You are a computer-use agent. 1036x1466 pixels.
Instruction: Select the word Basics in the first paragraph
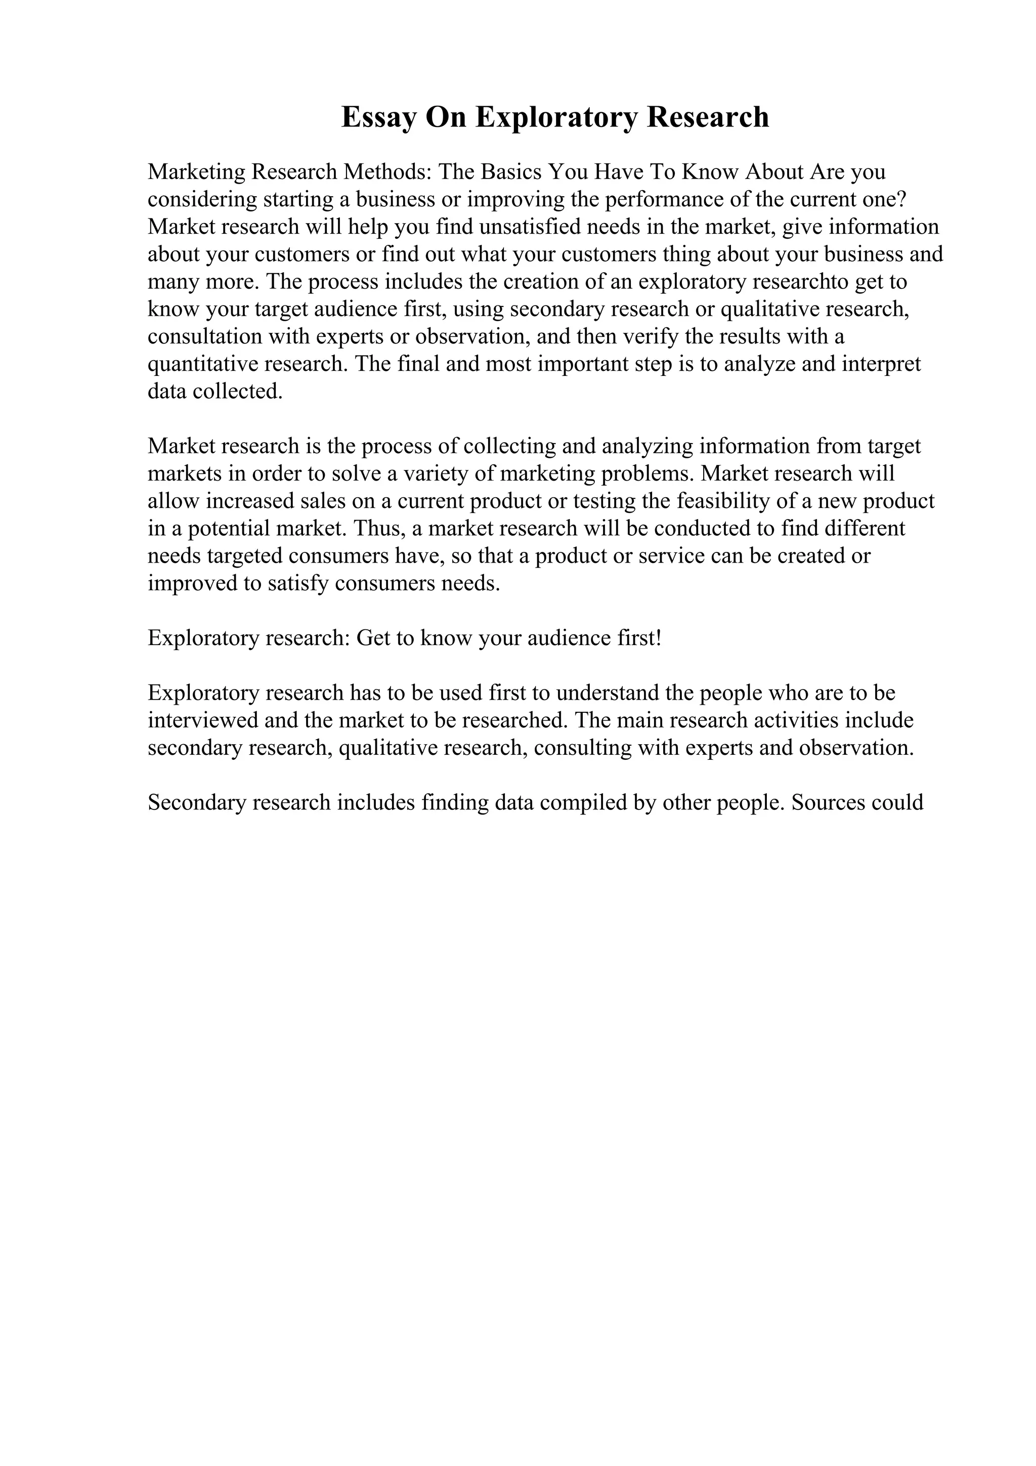point(509,172)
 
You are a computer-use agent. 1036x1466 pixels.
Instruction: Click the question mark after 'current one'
point(900,199)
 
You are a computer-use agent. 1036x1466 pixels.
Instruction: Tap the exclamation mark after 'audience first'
point(658,638)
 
